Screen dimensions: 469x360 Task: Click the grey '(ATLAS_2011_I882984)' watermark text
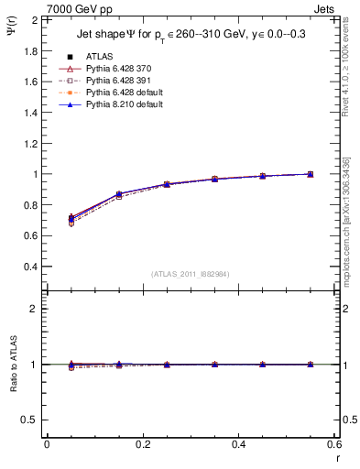(x=191, y=274)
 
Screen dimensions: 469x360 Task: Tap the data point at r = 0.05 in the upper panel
(x=71, y=219)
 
